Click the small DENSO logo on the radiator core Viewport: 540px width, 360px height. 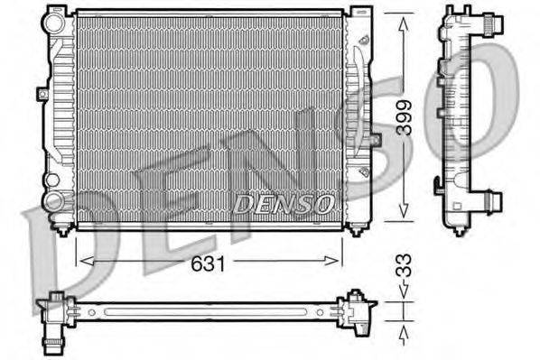284,204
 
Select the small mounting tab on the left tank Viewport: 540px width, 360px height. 42,92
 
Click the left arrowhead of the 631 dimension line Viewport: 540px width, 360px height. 84,262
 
